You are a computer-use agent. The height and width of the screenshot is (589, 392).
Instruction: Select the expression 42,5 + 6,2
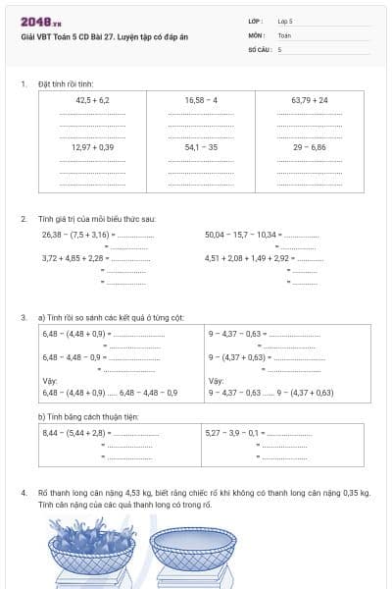point(92,100)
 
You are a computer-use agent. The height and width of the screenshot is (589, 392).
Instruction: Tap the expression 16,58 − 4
point(201,100)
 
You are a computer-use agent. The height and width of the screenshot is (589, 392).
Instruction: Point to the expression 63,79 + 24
point(310,100)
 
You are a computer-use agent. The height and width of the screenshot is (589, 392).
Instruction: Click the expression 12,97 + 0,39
point(92,147)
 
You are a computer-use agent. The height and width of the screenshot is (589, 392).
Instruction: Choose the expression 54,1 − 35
point(201,147)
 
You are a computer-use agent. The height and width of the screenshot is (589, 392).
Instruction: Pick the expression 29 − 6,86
point(310,147)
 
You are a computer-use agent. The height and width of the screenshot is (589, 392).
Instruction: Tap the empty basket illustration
point(194,555)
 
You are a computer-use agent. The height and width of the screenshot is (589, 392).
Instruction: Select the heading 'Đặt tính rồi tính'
point(66,84)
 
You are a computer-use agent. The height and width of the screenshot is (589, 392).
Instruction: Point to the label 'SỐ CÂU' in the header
point(259,48)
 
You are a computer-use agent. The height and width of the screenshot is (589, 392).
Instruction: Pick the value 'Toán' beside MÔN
point(284,34)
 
